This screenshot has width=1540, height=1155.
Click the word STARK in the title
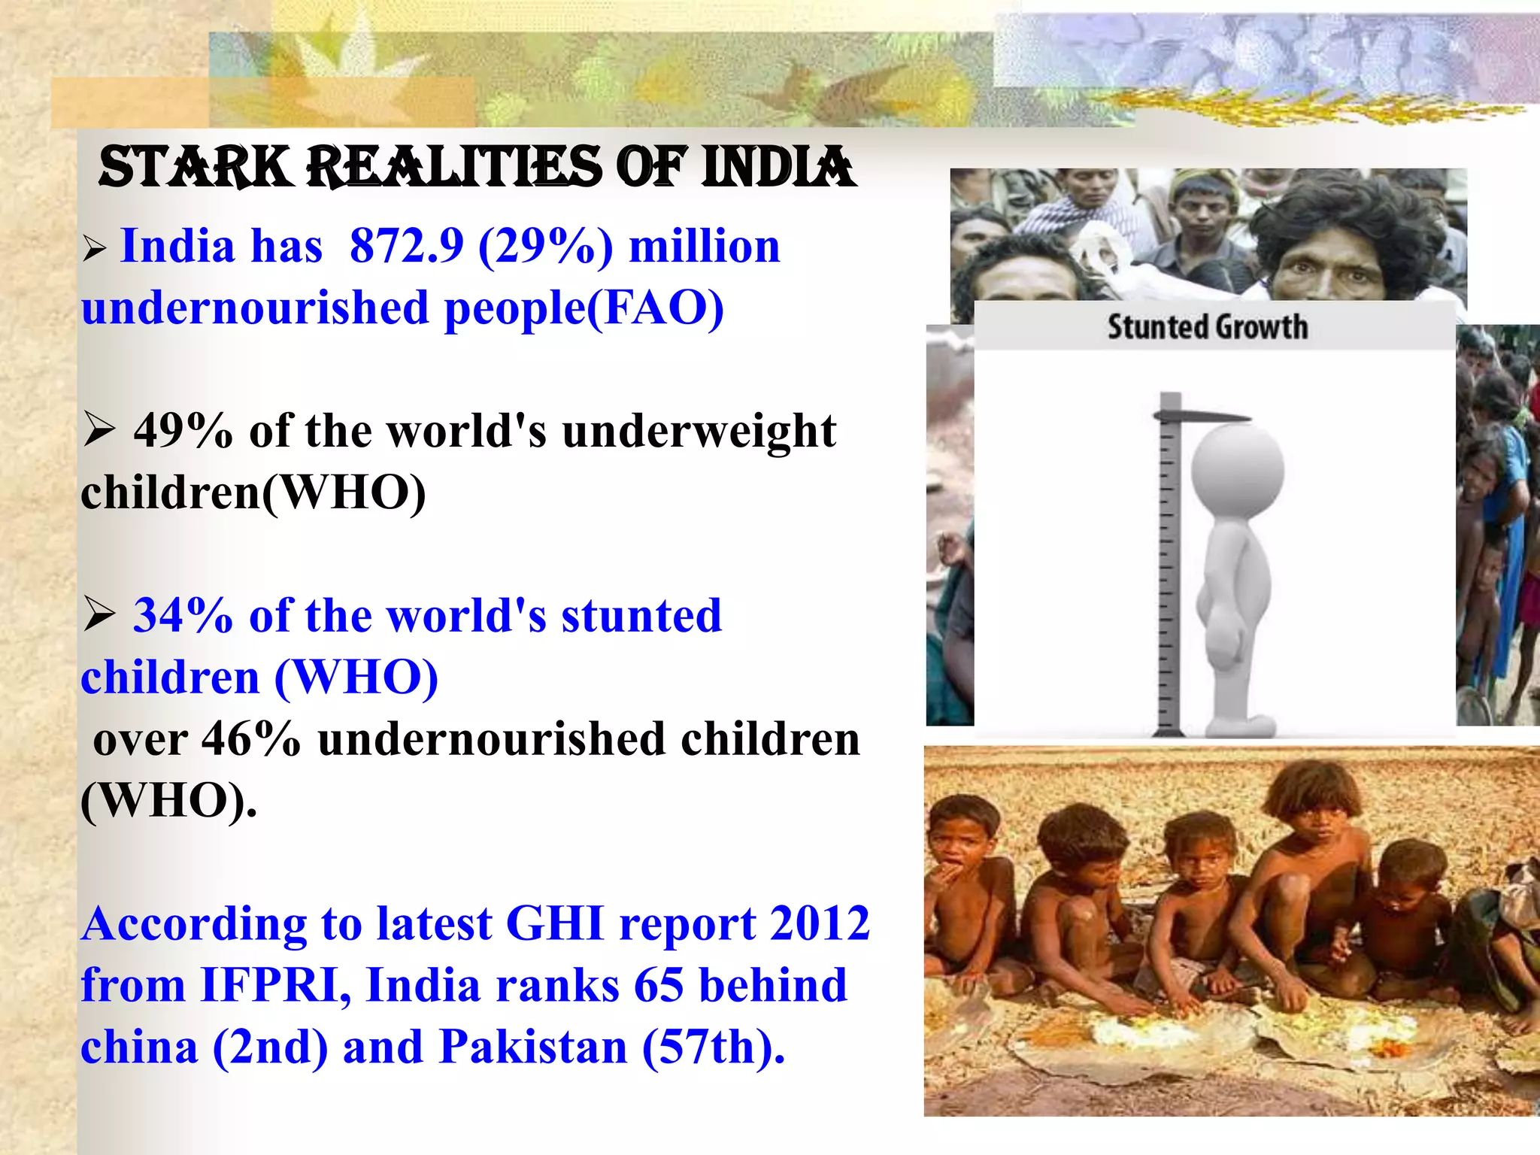[x=194, y=167]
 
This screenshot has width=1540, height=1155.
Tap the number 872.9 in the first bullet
[x=407, y=246]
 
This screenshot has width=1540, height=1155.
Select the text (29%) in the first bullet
[x=545, y=246]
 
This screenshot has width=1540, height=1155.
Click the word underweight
[x=699, y=431]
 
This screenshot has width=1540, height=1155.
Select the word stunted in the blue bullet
[x=641, y=616]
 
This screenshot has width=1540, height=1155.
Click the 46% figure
[x=251, y=739]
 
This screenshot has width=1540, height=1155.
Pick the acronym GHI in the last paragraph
[x=555, y=923]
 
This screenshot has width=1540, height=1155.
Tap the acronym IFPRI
[x=275, y=985]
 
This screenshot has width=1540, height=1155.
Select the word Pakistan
[x=533, y=1047]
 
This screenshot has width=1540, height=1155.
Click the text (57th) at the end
[x=713, y=1047]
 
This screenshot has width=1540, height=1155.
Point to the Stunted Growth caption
[x=1207, y=328]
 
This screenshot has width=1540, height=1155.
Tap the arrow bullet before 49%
[x=99, y=431]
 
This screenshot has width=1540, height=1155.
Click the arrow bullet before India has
[x=95, y=248]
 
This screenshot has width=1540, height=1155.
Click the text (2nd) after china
[x=271, y=1047]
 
